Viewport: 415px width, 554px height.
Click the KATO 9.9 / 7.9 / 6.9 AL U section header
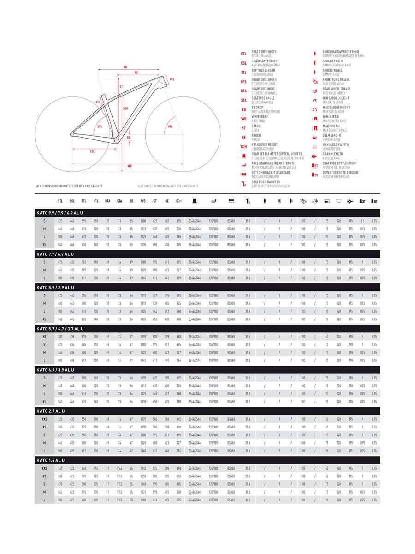[x=59, y=213]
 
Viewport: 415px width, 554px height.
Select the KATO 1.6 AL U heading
[x=51, y=460]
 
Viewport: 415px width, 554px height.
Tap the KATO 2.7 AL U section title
[x=51, y=411]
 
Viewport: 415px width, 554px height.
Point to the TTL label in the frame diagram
[x=125, y=67]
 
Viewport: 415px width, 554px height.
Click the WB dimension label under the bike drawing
[x=130, y=165]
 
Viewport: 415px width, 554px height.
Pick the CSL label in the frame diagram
[x=92, y=151]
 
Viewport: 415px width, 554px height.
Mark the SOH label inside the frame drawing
[x=125, y=109]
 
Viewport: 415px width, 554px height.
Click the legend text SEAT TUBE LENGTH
[x=264, y=52]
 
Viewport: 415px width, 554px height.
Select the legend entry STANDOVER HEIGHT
[x=265, y=145]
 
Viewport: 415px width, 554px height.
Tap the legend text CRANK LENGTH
[x=332, y=154]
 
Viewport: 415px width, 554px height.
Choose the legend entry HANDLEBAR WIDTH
[x=335, y=145]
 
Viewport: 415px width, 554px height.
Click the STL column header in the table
[x=60, y=201]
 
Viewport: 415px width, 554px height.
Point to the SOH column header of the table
[x=178, y=201]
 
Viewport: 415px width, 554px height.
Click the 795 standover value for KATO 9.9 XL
[x=178, y=244]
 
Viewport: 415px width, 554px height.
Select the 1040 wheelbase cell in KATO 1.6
[x=143, y=468]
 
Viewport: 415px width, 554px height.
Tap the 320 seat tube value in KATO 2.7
[x=60, y=419]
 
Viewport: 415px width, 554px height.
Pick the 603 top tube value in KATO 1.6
[x=84, y=500]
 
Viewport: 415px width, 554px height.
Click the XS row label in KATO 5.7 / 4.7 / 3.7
[x=44, y=337]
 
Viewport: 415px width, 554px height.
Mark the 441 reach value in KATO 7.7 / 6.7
[x=166, y=277]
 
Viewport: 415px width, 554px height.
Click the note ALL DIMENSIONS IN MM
[x=69, y=186]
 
